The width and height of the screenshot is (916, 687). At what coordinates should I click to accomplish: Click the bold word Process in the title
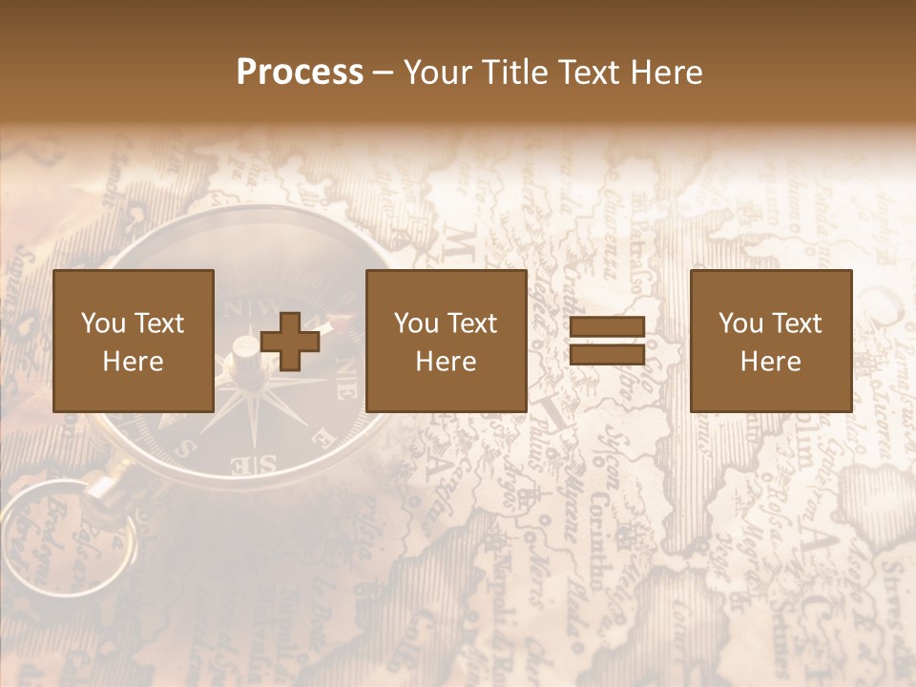300,73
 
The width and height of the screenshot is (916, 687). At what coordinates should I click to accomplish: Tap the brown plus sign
290,341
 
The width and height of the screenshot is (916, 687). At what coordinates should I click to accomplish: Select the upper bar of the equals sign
607,327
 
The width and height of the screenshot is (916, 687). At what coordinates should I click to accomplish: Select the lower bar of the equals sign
607,355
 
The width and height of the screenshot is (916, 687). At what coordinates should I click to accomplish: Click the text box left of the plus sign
134,341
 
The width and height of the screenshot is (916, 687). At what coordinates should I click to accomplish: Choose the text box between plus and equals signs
447,341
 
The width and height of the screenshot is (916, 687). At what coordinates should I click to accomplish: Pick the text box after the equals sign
771,341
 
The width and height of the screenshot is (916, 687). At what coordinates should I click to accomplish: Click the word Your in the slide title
436,73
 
